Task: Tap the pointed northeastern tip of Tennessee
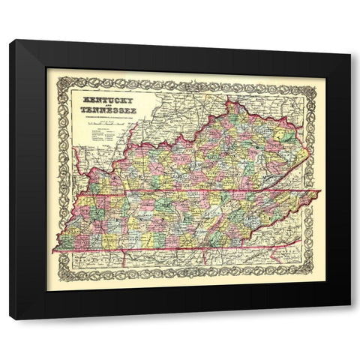319,193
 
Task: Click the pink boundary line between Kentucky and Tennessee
187,196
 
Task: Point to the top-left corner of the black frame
10,40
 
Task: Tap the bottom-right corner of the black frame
350,320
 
